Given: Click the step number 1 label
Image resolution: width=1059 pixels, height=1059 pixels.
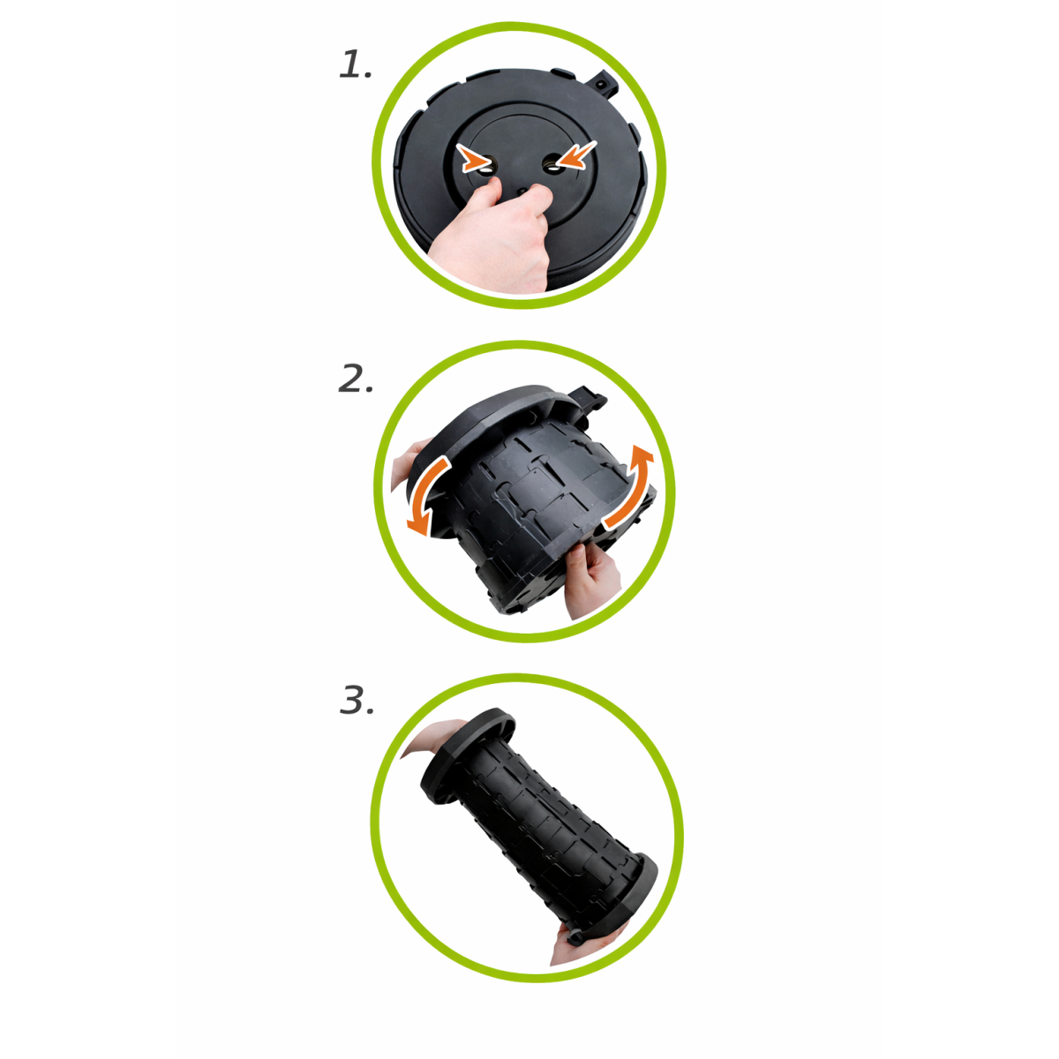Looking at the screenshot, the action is click(x=355, y=64).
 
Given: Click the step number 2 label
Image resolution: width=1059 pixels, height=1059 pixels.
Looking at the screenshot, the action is click(x=356, y=379).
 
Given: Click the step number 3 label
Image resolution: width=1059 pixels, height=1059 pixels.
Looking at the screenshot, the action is click(x=357, y=700).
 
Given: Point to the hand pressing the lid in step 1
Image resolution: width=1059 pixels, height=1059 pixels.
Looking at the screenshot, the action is click(x=492, y=237).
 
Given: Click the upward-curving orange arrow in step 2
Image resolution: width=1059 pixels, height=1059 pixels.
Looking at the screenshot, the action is click(x=632, y=487).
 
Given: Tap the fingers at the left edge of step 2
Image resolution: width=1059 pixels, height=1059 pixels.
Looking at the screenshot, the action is click(x=406, y=462).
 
